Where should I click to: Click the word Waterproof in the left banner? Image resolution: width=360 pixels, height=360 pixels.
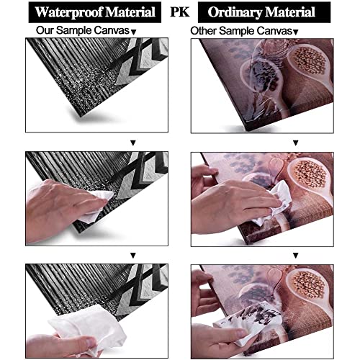tap(69, 12)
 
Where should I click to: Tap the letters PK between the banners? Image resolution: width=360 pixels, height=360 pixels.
tap(179, 12)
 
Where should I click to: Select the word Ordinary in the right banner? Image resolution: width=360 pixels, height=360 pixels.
tap(235, 12)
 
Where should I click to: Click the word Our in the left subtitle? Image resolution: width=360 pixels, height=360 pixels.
tap(45, 30)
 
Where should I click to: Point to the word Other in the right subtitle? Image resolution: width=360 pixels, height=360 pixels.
tap(203, 31)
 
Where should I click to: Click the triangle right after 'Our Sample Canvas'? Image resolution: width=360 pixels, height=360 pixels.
tap(134, 32)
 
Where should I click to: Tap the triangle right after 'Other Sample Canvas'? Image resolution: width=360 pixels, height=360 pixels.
tap(296, 32)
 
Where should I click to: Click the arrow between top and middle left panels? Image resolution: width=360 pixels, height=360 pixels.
tap(133, 143)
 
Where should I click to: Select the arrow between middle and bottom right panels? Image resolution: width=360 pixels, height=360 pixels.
tap(296, 256)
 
